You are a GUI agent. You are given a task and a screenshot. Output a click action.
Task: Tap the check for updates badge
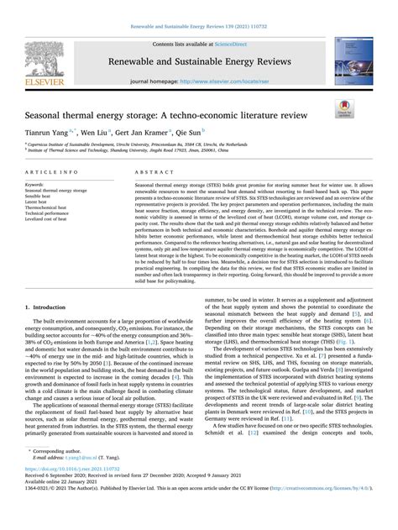[345, 107]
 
